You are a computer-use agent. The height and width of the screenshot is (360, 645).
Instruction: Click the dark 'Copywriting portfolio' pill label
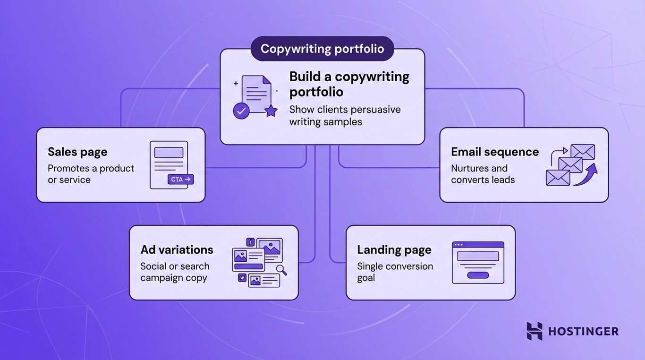pos(322,49)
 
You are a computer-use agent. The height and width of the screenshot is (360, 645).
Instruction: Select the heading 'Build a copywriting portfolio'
pos(349,84)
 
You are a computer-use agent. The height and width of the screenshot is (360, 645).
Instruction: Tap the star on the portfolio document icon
pos(271,111)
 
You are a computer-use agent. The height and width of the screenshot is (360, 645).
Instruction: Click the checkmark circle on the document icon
pos(241,111)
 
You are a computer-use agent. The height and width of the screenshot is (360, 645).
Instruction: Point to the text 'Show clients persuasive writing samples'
pos(345,116)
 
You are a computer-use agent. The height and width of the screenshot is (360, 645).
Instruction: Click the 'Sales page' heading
pos(77,152)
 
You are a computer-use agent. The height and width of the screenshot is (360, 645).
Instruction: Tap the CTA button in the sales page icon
pos(180,180)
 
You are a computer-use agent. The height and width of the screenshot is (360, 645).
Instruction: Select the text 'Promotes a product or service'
pos(91,174)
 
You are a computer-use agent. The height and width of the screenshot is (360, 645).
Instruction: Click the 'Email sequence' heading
pos(495,152)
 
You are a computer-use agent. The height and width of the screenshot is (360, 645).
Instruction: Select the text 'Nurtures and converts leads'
pos(483,174)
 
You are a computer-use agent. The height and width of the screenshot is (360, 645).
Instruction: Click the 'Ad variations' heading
pos(177,249)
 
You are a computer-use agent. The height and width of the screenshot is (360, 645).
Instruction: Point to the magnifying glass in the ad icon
pos(282,270)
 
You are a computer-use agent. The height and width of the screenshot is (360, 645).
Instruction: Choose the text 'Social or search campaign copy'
pos(175,272)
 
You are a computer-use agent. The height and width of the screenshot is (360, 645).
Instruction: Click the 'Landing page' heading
pos(394,249)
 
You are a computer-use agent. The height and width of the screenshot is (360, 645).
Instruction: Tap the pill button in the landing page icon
pos(478,275)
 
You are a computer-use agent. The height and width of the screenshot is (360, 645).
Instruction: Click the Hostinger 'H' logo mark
pos(535,331)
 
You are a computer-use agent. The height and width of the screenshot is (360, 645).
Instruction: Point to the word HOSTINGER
pos(583,331)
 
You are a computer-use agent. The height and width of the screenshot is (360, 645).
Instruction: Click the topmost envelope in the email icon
pos(582,152)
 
